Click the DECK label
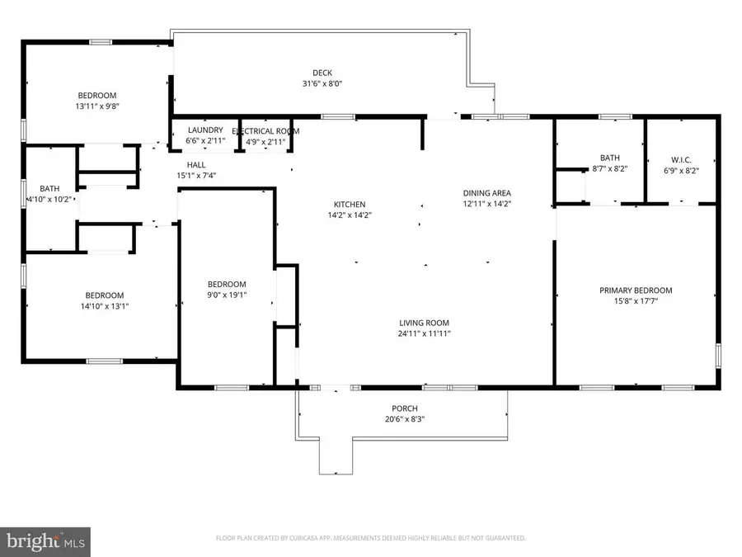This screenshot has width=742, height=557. click(x=322, y=72)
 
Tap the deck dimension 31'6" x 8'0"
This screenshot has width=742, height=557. click(x=322, y=83)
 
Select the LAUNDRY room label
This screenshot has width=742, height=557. click(x=205, y=130)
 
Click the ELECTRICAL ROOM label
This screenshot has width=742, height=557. click(x=265, y=131)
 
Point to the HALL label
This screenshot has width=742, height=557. click(x=196, y=164)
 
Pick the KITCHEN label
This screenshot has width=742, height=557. click(x=349, y=205)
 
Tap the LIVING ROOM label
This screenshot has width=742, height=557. click(x=425, y=323)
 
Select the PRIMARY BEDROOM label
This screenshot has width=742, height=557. click(x=636, y=290)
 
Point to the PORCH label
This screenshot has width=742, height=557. click(x=404, y=408)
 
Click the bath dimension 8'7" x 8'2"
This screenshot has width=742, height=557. click(x=610, y=169)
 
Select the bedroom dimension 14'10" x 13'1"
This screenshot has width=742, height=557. click(x=105, y=306)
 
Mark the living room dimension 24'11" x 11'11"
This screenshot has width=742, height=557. click(x=425, y=334)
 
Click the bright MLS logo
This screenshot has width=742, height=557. click(x=46, y=541)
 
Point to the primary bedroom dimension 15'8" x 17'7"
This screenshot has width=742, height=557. click(x=636, y=301)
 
